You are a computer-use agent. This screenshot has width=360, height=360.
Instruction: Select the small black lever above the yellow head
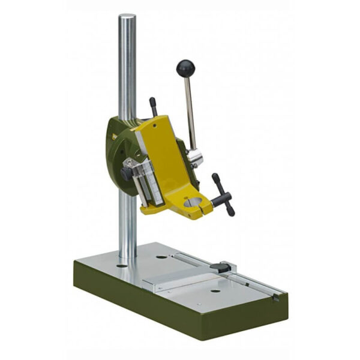click(x=154, y=106)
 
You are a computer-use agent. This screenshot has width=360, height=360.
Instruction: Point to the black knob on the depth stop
click(x=127, y=173)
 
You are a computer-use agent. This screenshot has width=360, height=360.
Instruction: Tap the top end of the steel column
click(x=127, y=18)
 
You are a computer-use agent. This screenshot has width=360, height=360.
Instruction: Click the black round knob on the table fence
click(x=223, y=268)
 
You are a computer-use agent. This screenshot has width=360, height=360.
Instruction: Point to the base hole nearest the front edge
click(x=215, y=292)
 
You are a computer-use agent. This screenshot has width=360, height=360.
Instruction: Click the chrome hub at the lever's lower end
click(x=194, y=158)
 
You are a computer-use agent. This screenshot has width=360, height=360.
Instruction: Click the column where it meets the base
click(x=128, y=254)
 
